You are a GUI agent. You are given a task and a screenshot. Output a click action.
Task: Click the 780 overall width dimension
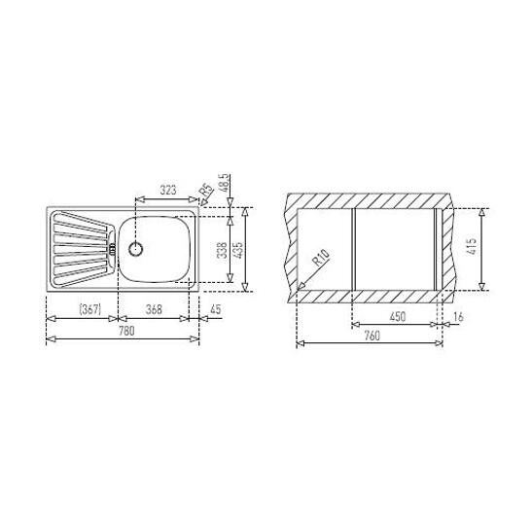click(x=126, y=331)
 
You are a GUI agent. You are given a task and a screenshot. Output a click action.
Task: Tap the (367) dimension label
click(x=89, y=309)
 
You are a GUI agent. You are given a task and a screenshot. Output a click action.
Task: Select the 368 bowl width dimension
click(x=154, y=309)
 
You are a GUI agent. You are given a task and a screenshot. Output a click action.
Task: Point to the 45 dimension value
click(x=215, y=309)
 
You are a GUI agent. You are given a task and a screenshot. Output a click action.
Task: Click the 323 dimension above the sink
click(x=168, y=190)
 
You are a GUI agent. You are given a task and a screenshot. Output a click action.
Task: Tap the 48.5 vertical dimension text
click(x=225, y=183)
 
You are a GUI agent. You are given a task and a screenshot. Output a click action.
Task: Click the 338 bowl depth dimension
click(x=222, y=250)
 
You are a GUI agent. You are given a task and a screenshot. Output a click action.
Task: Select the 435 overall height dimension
click(x=238, y=250)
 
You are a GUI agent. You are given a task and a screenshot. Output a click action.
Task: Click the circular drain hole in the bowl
click(x=136, y=249)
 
